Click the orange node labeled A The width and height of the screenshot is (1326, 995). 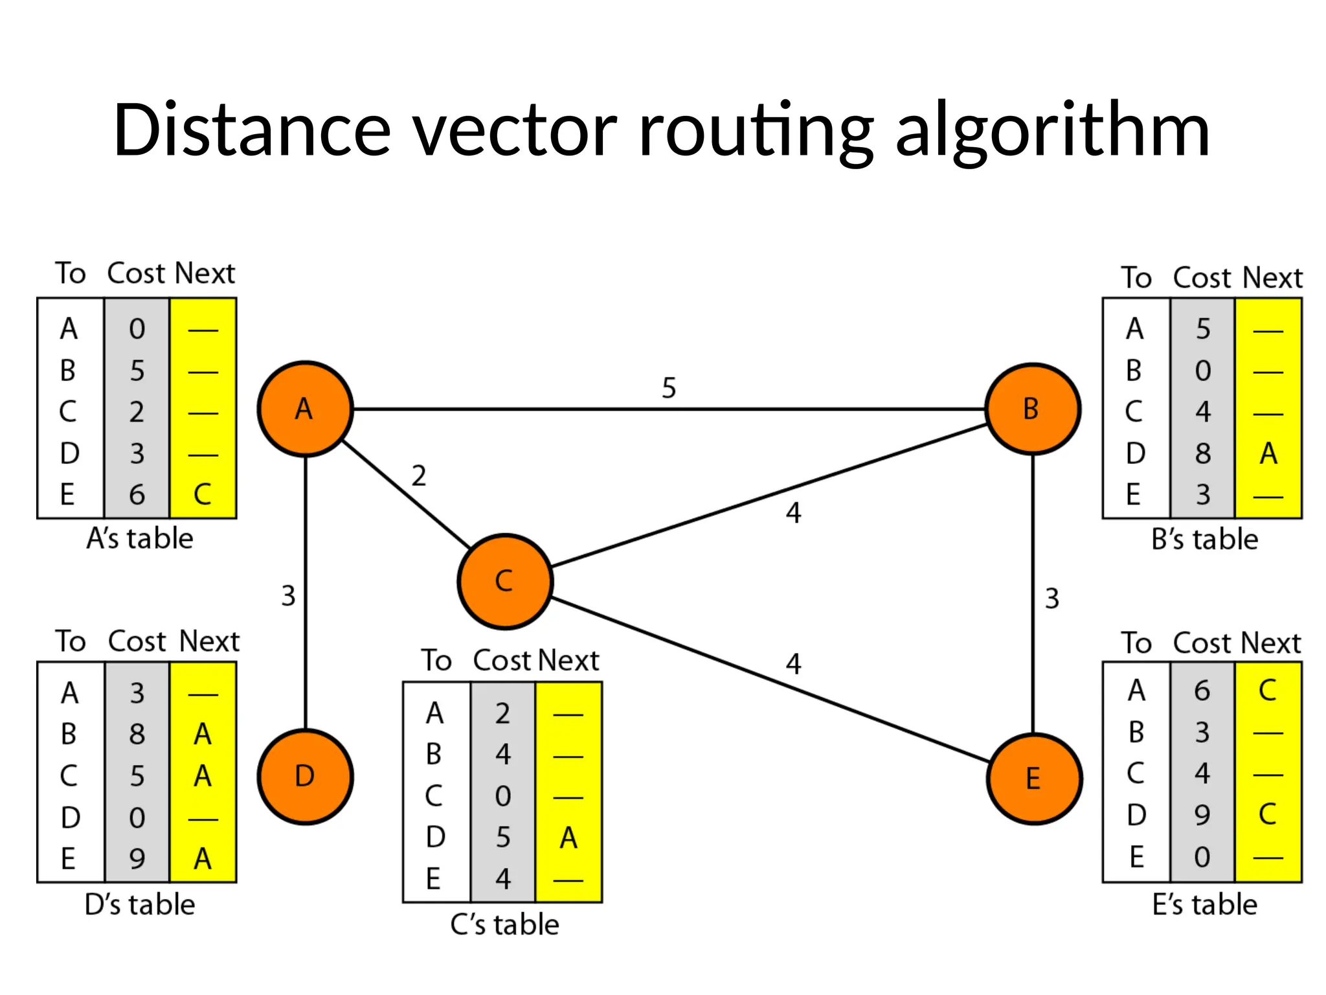click(x=305, y=409)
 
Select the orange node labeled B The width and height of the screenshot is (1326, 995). click(x=1032, y=409)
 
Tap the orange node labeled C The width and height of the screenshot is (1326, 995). click(x=504, y=581)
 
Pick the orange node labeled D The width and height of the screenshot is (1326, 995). click(x=305, y=776)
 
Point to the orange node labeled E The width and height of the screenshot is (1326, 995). click(x=1033, y=778)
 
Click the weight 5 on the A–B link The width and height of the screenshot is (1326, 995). click(x=669, y=388)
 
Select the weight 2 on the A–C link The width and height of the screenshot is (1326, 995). click(x=419, y=476)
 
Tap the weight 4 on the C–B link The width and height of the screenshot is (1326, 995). click(x=793, y=513)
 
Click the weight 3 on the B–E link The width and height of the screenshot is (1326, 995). click(x=1052, y=599)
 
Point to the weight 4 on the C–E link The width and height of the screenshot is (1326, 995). click(x=793, y=664)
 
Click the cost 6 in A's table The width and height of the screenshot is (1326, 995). click(x=137, y=495)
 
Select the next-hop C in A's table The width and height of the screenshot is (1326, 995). click(x=202, y=495)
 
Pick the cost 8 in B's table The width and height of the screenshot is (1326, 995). click(x=1202, y=453)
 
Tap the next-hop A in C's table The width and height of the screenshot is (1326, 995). click(x=568, y=838)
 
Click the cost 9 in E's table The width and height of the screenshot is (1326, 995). click(x=1202, y=815)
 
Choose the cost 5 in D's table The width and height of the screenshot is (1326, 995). click(x=137, y=776)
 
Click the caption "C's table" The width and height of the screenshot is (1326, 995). click(x=504, y=924)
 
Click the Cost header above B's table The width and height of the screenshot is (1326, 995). click(x=1202, y=278)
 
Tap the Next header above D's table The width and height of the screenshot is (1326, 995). click(x=208, y=641)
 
